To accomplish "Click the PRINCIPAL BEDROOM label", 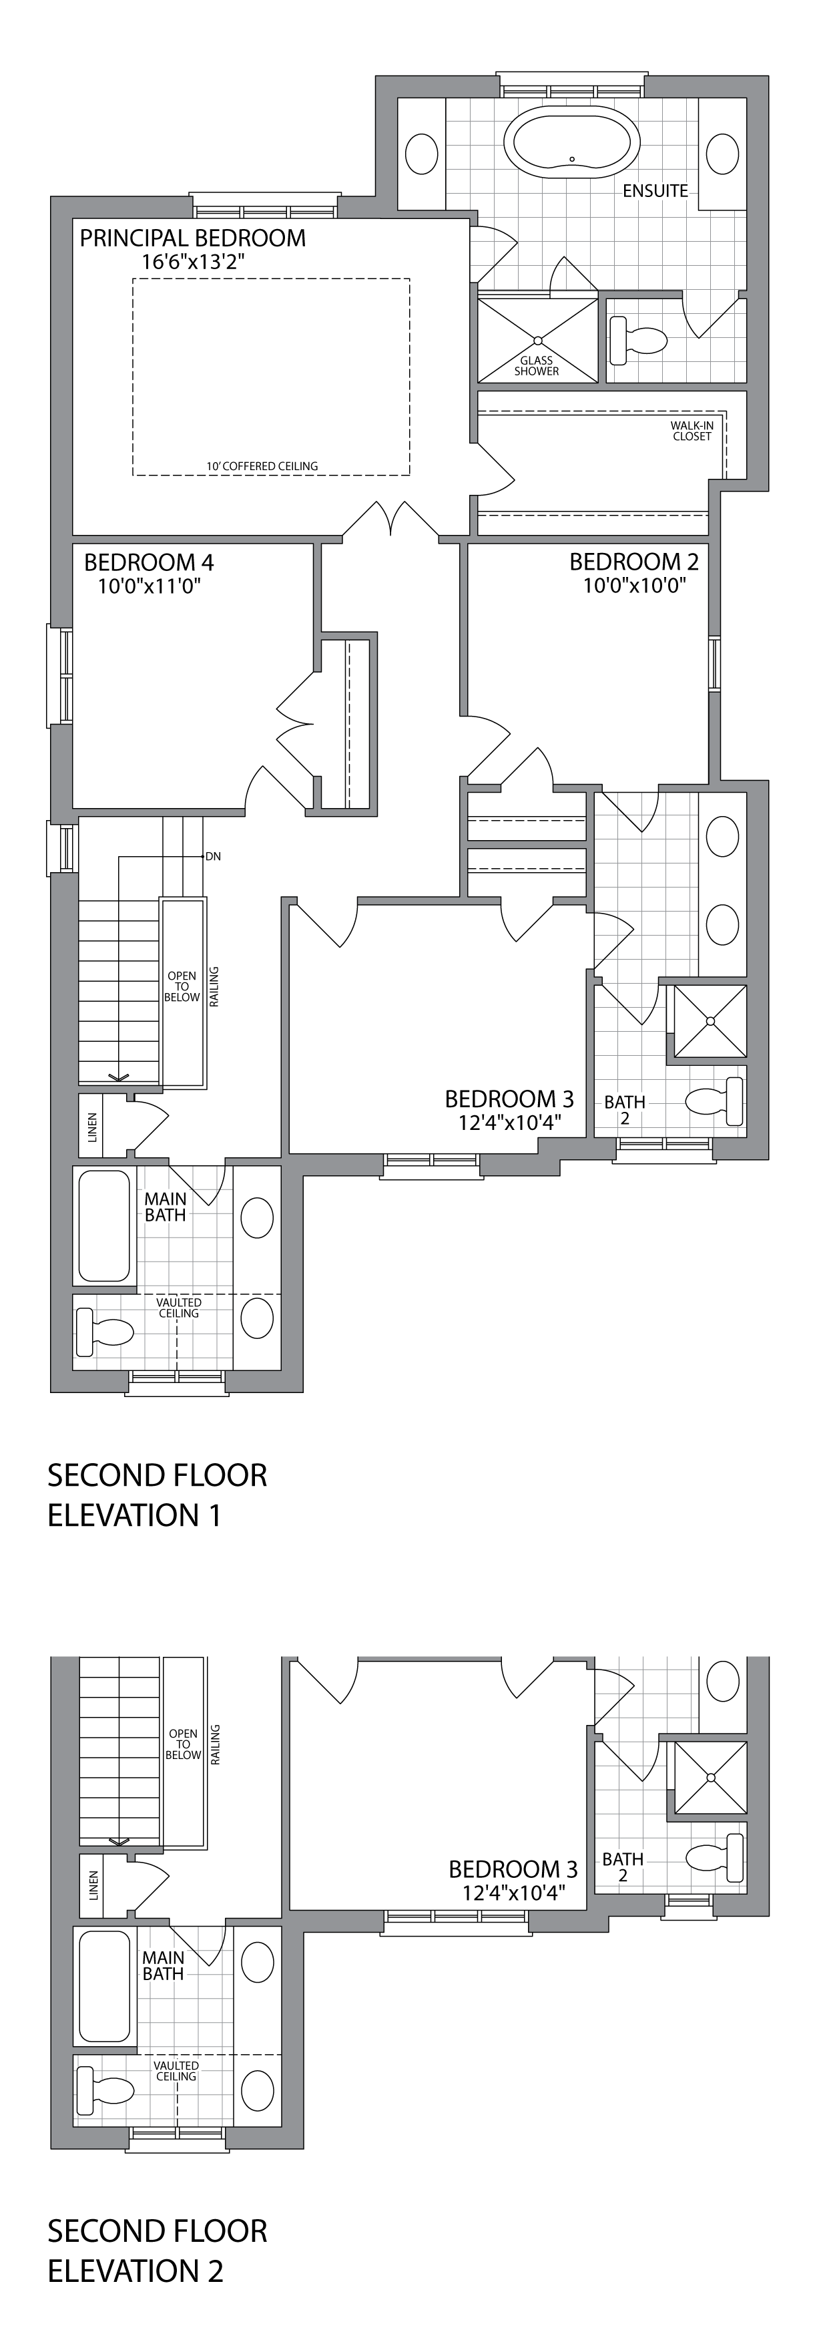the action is coord(193,238).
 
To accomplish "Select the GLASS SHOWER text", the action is coord(537,366).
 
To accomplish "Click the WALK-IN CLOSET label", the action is coord(692,431).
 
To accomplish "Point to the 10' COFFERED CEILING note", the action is coord(262,466).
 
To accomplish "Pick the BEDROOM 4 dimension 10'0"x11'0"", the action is coord(150,586).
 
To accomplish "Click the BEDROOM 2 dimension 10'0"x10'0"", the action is coord(634,585).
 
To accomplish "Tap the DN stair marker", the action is coord(214,855).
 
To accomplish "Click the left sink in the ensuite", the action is coord(422,154).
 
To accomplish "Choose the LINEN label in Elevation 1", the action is coord(92,1126).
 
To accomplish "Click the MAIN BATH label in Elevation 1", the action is coord(166,1207).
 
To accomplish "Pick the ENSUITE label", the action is coord(655,191).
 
